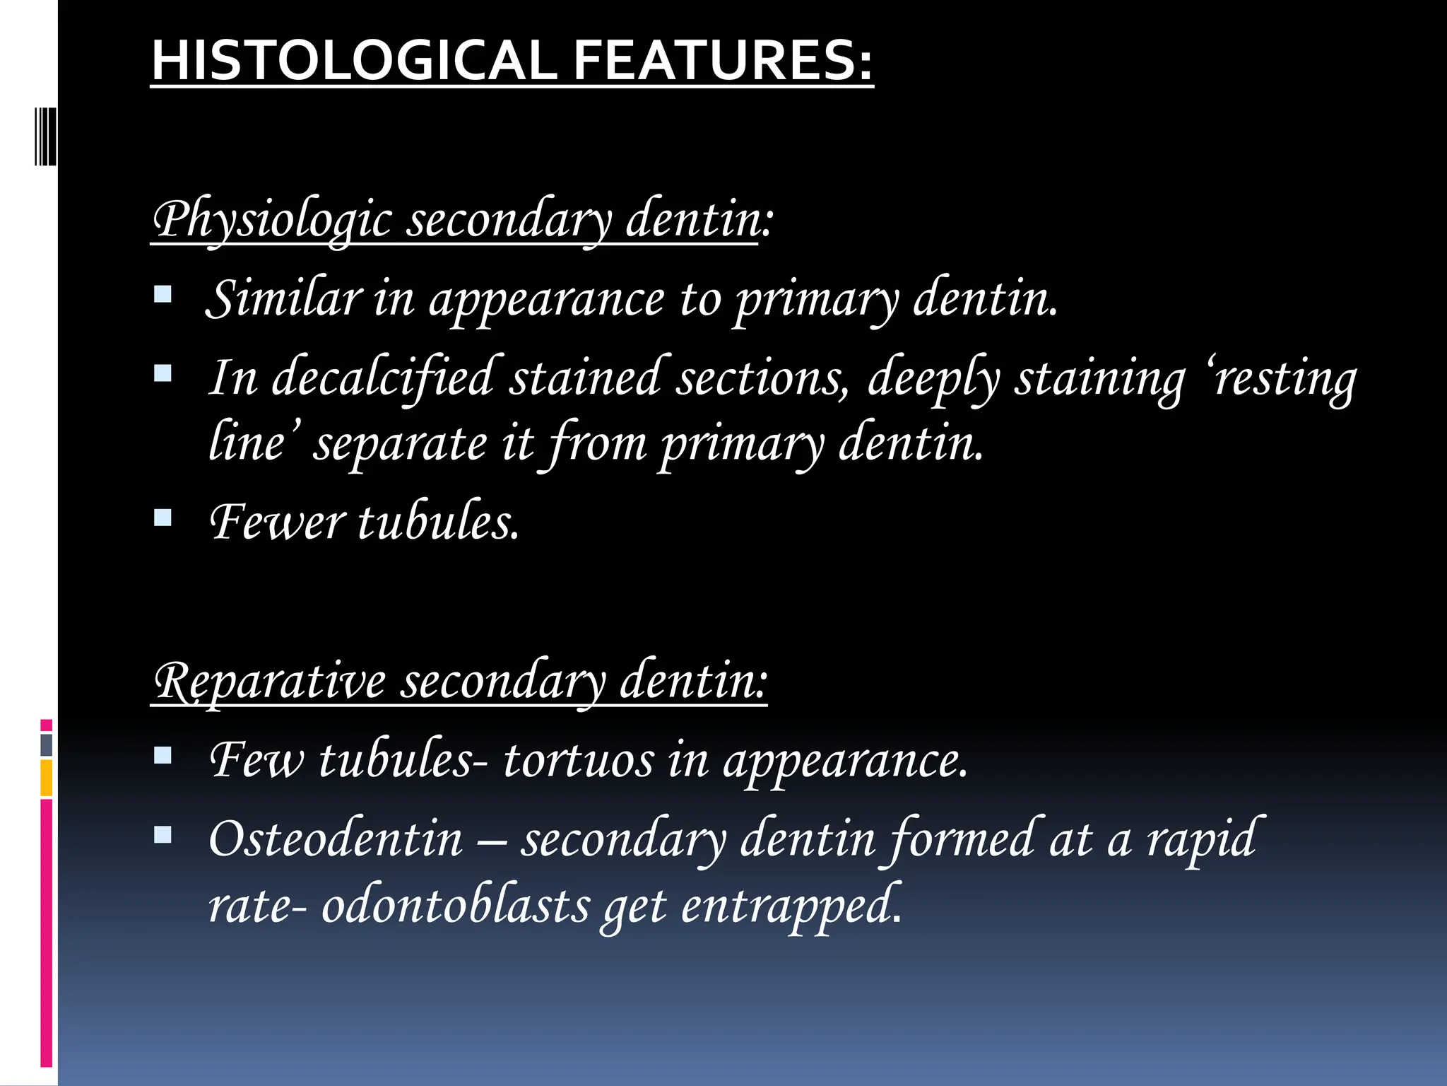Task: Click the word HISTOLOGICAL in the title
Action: click(x=354, y=61)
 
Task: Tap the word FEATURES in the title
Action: click(x=723, y=61)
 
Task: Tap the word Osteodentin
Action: click(x=336, y=839)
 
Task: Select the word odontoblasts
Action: click(x=456, y=906)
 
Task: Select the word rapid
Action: click(x=1200, y=839)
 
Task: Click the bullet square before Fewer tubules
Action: click(x=163, y=519)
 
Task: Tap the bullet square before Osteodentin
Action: click(x=163, y=836)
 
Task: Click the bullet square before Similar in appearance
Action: click(x=163, y=294)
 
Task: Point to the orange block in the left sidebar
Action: click(x=46, y=778)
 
